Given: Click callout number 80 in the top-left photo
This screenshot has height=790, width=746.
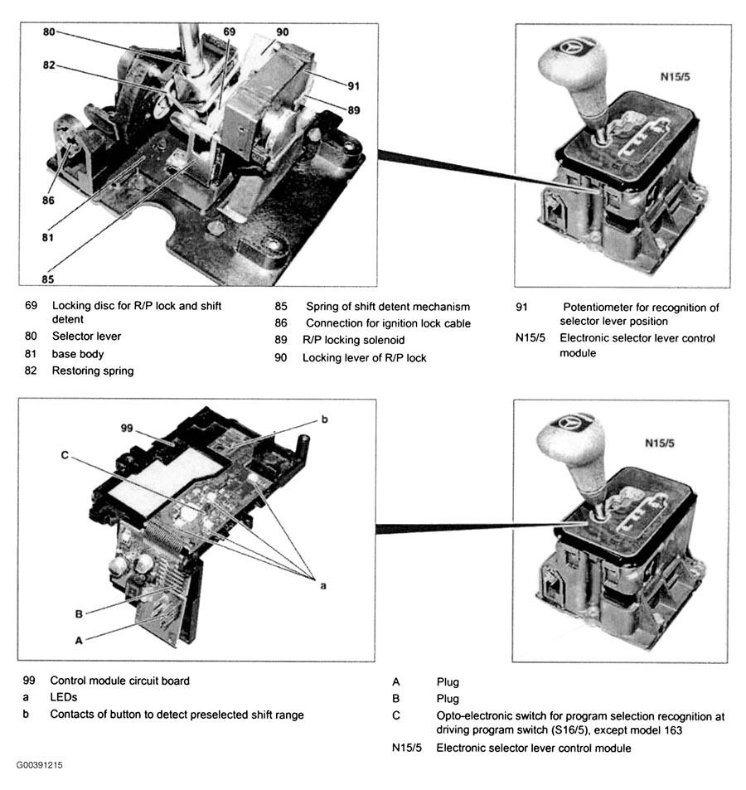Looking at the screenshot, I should click(49, 32).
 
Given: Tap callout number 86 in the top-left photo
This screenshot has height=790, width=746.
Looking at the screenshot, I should click(48, 200).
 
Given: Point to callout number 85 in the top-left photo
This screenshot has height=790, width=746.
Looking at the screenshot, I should click(48, 279).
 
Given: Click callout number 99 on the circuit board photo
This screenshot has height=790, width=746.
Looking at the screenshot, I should click(127, 429).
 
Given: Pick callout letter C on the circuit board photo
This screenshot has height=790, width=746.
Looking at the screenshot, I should click(64, 454).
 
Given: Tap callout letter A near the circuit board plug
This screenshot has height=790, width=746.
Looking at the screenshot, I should click(79, 639).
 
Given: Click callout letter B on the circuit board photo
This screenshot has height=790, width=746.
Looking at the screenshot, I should click(78, 614).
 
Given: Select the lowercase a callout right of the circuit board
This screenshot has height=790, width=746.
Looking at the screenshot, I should click(323, 584).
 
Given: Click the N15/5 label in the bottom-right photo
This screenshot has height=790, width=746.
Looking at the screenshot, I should click(660, 443).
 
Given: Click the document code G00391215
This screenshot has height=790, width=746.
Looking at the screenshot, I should click(38, 764).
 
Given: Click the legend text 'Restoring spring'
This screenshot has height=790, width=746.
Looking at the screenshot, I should click(93, 371).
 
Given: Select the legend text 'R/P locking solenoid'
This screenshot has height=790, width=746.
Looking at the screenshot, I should click(353, 341).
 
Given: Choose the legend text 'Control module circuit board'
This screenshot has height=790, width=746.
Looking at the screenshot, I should click(119, 681).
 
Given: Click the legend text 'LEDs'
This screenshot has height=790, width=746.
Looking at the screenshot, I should click(63, 697).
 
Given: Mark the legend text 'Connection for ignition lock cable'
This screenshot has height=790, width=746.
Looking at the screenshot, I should click(388, 323).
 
